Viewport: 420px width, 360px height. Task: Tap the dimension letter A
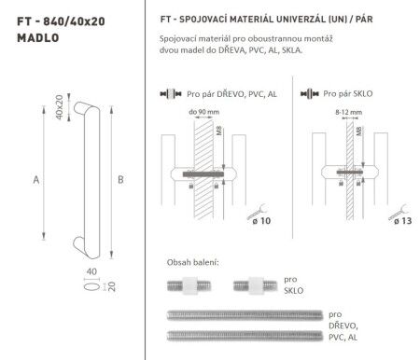[35, 179]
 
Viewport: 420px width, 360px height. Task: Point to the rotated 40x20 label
[58, 108]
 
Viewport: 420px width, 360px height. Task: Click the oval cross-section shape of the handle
[63, 286]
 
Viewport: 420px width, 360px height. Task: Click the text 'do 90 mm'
[204, 111]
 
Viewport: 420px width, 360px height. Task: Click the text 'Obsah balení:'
[193, 262]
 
